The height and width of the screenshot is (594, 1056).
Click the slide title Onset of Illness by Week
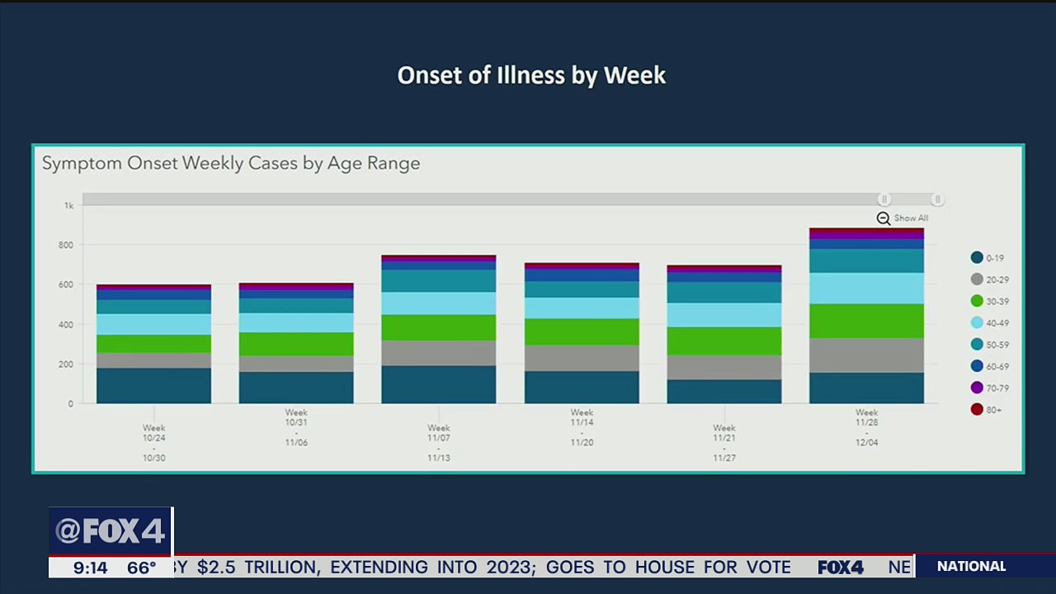point(531,75)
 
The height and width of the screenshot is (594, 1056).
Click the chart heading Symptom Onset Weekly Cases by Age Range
point(231,163)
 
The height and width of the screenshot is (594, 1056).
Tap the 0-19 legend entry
point(988,258)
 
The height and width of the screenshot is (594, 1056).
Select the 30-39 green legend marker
point(977,301)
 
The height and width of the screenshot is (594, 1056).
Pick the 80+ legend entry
point(987,410)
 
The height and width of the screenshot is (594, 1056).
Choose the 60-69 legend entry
point(988,366)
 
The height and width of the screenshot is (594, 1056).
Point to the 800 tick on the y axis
point(65,245)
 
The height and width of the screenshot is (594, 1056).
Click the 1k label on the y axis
point(68,205)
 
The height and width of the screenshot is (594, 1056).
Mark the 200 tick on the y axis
point(65,364)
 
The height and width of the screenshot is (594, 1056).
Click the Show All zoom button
point(903,219)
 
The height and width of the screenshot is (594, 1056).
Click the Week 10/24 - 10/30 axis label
point(154,443)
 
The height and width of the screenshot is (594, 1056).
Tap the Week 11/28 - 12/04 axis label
point(866,427)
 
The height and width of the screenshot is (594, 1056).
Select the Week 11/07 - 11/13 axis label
point(439,443)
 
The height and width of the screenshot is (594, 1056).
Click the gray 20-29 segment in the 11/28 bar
point(866,356)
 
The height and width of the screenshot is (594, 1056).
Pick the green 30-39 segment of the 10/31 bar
point(296,344)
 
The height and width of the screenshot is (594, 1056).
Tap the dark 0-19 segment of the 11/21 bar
point(724,392)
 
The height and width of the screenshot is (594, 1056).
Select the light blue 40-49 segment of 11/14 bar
point(582,308)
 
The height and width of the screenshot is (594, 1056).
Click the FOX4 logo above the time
point(111,531)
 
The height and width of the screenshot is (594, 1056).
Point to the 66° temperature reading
point(142,568)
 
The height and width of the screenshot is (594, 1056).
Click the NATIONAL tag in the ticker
point(971,567)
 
